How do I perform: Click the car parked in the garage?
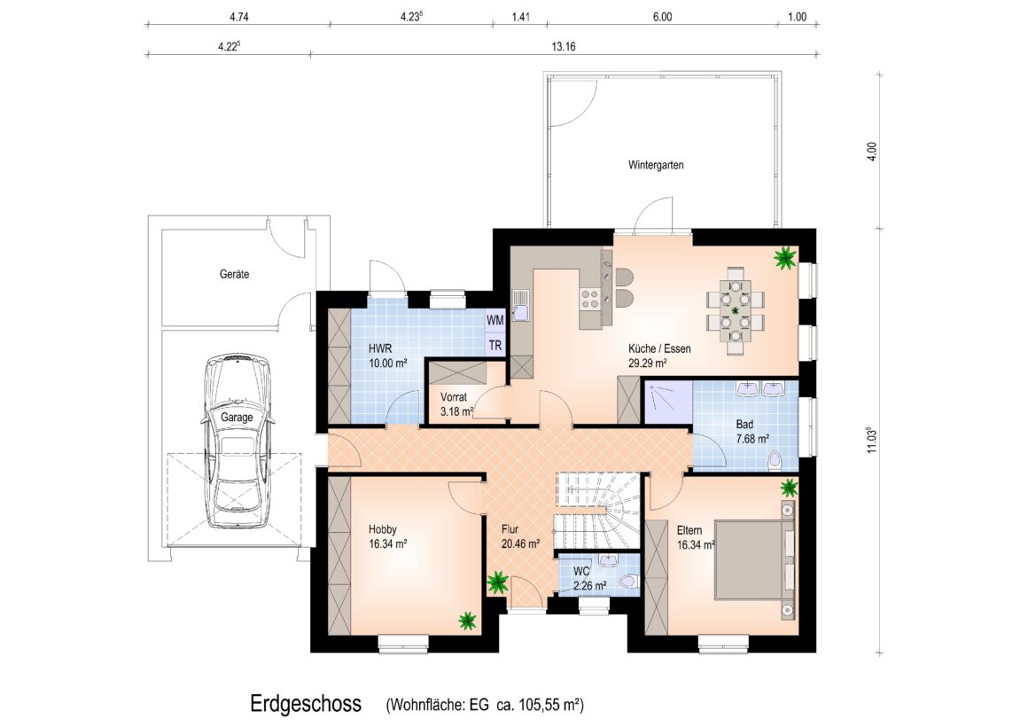238,441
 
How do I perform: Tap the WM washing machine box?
495,320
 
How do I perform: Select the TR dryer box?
495,345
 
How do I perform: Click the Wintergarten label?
656,165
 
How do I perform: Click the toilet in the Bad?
775,461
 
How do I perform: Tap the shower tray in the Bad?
668,403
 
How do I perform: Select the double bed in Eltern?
754,559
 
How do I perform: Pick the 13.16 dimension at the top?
563,47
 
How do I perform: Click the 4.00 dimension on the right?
871,152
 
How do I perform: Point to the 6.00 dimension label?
662,17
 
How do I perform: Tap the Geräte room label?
234,274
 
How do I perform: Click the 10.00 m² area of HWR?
388,363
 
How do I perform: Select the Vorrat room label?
454,397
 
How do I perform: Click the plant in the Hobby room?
467,620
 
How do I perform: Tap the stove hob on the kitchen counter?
590,299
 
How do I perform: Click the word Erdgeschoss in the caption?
306,704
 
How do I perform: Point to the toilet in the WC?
629,582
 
